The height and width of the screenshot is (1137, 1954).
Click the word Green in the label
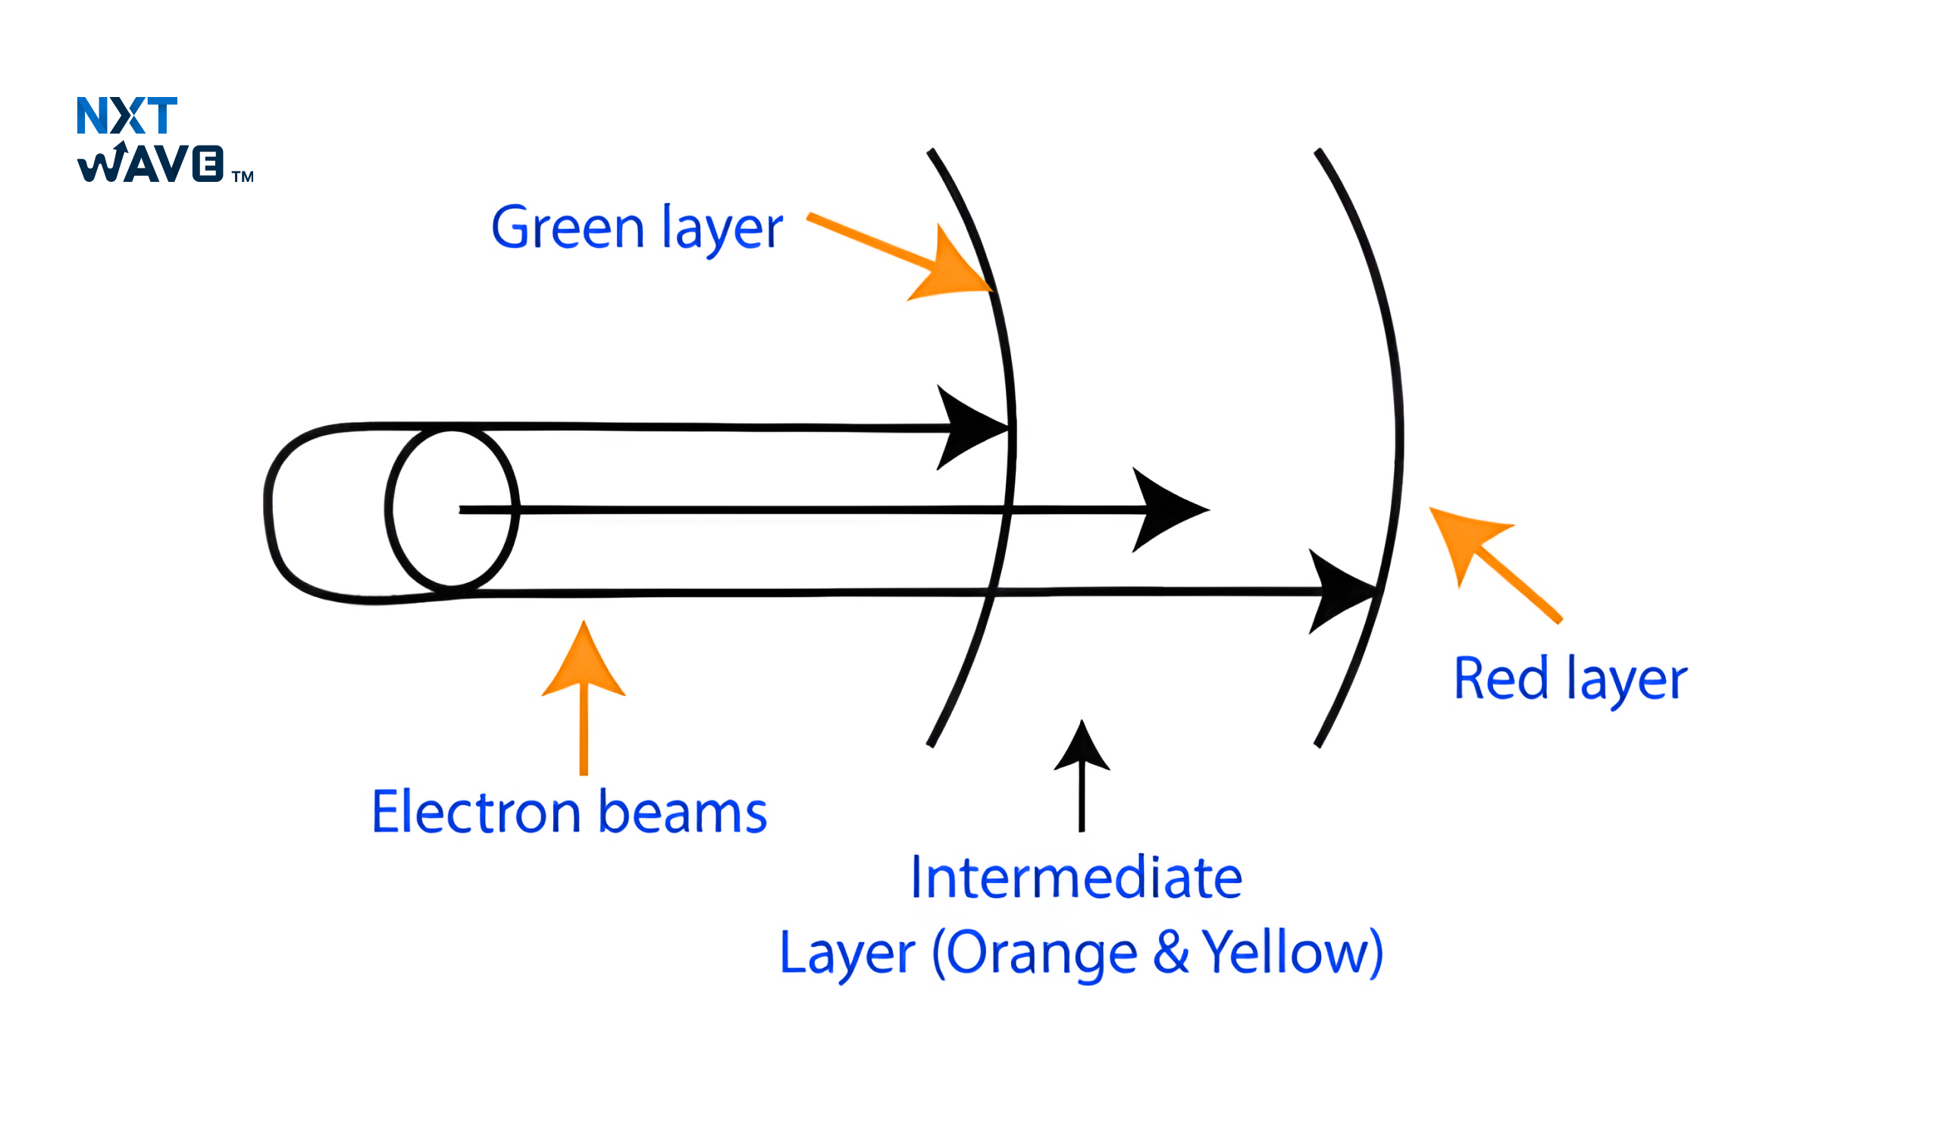[x=568, y=228]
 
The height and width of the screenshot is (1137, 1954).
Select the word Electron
[x=476, y=813]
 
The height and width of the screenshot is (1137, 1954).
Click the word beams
[x=682, y=813]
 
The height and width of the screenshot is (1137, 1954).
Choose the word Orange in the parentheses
[x=1041, y=952]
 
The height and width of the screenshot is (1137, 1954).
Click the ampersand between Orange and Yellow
[x=1170, y=952]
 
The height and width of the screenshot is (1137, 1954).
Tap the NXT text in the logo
[x=127, y=116]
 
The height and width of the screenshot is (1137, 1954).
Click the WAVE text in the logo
[x=150, y=164]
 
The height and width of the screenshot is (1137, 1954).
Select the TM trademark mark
[x=243, y=177]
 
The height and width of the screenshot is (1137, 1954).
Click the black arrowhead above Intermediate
[x=1082, y=748]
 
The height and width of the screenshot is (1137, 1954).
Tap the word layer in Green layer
[x=721, y=228]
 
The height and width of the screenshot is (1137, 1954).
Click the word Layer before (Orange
[x=847, y=952]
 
